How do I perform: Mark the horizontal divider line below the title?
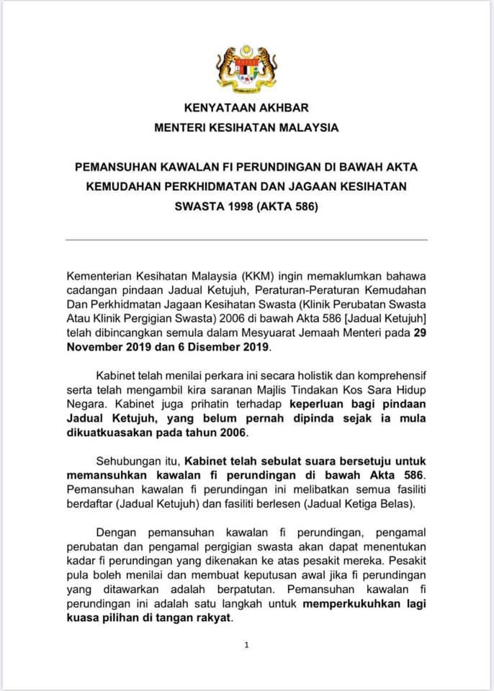pos(246,239)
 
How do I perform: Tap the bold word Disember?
pos(218,347)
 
